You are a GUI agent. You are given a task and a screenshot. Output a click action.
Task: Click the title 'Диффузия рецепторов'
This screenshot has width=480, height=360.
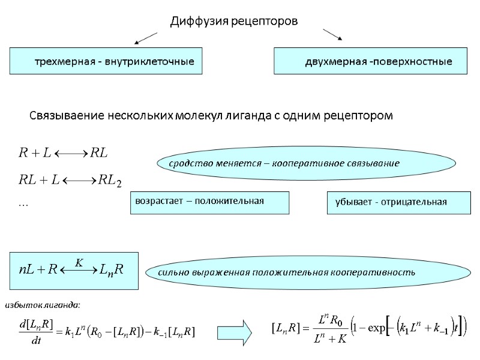pos(234,22)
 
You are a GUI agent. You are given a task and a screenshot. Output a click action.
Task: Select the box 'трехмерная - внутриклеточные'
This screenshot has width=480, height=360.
pos(106,62)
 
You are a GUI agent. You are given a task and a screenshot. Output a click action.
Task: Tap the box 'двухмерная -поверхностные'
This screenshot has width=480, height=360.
pos(370,62)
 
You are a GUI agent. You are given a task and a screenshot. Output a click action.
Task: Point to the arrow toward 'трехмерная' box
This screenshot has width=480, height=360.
pos(145,39)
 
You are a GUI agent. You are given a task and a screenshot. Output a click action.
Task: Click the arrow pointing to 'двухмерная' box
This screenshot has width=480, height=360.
pos(332,35)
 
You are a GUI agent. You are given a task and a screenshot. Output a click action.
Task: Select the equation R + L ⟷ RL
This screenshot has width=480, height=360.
pos(64,154)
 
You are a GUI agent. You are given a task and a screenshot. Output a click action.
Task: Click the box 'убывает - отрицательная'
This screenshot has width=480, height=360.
pos(398,202)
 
